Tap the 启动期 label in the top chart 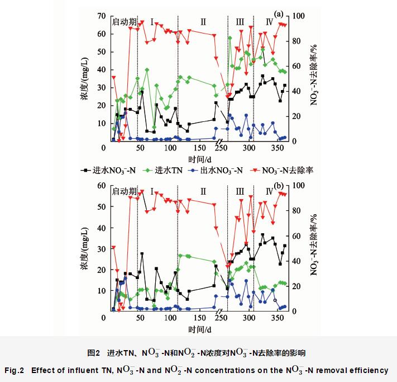point(124,22)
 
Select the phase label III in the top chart point(240,22)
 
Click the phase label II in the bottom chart point(203,192)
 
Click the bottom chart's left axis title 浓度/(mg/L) point(84,248)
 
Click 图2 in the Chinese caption point(93,353)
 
